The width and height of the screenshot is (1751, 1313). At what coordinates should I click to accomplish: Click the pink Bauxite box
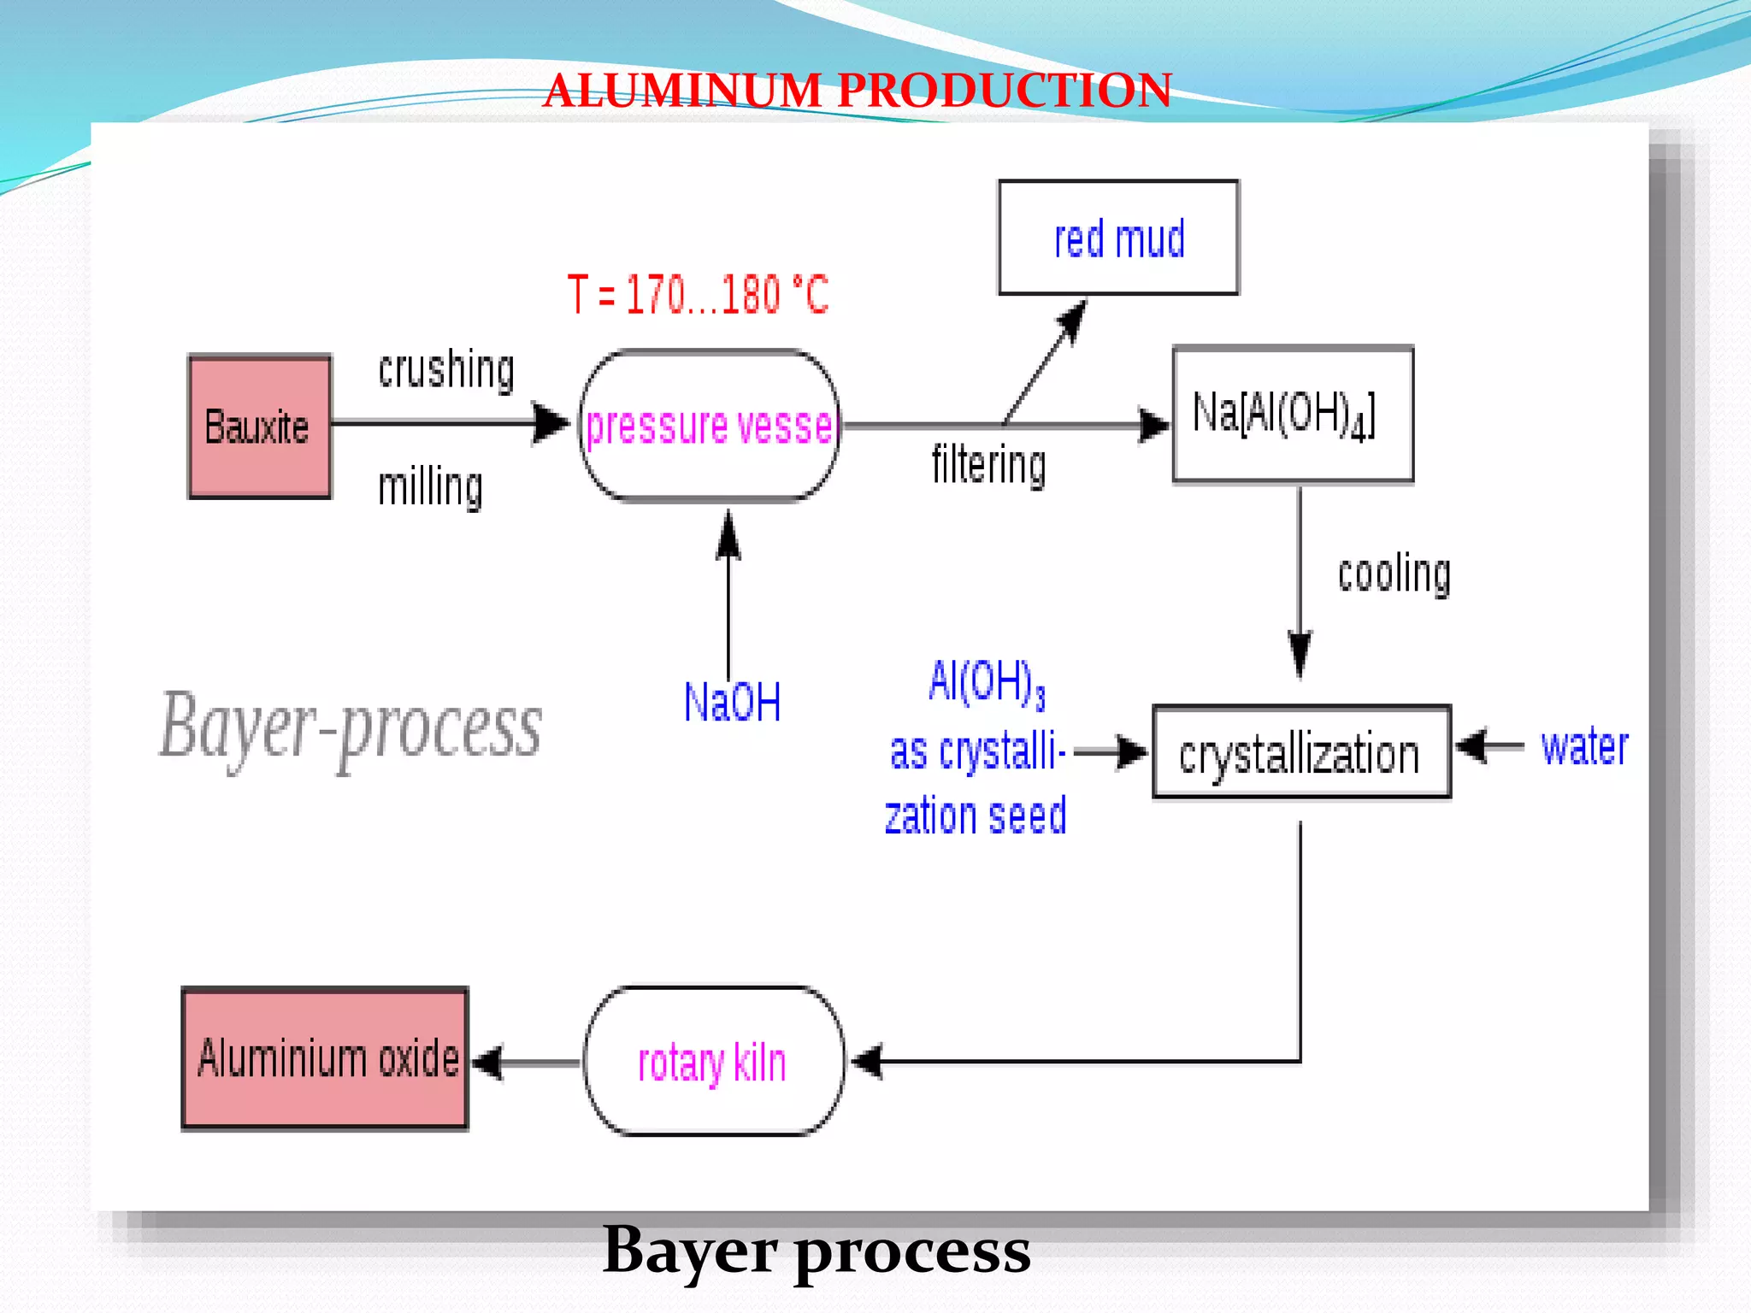tap(259, 427)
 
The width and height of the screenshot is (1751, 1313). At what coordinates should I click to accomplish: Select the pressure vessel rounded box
tap(709, 425)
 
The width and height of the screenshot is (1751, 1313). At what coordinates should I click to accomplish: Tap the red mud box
tap(1118, 238)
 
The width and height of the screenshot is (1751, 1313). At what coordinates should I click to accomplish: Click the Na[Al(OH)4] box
tap(1292, 415)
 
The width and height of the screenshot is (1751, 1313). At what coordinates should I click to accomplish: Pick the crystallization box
tap(1300, 752)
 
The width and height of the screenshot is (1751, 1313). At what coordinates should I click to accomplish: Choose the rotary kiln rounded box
tap(713, 1061)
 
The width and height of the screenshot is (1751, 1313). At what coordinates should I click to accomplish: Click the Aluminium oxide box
tap(326, 1058)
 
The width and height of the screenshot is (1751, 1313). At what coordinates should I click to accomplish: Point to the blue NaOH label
tap(732, 703)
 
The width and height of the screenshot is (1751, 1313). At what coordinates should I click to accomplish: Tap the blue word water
tap(1583, 746)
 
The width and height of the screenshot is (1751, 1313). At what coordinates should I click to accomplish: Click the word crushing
tap(446, 369)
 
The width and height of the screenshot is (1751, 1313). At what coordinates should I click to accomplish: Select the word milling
tap(430, 486)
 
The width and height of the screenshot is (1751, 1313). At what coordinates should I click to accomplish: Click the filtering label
tap(988, 465)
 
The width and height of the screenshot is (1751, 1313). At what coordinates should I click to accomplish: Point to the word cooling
tap(1394, 574)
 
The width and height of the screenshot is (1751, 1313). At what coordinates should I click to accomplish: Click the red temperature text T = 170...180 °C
tap(698, 295)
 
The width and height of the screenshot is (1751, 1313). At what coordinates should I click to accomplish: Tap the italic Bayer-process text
tap(351, 727)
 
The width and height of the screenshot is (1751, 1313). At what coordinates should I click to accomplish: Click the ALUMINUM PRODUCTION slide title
tap(857, 90)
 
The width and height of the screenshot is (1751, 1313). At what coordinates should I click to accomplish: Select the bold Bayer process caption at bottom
tap(817, 1250)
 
